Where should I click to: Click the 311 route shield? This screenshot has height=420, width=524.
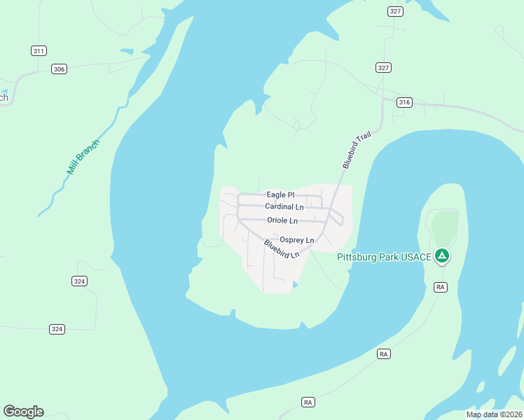[x=39, y=50]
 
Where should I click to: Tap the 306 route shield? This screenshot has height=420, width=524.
[x=59, y=69]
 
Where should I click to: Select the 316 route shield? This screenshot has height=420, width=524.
[x=404, y=102]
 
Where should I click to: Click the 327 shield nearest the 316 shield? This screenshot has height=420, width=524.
[x=382, y=67]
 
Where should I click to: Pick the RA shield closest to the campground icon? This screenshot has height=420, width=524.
[x=441, y=287]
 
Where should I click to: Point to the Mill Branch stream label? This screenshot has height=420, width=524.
[x=83, y=157]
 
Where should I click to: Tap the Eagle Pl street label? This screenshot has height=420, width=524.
[x=281, y=195]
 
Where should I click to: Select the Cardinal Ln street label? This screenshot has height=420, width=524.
[x=284, y=206]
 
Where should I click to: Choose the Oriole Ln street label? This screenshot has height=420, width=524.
[x=282, y=220]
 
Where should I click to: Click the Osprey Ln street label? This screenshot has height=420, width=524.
[x=297, y=240]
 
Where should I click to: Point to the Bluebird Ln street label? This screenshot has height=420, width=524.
[x=282, y=248]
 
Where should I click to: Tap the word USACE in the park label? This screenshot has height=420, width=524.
[x=417, y=257]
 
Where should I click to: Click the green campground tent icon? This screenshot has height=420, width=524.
[x=441, y=256]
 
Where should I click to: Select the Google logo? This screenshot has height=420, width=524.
[x=23, y=412]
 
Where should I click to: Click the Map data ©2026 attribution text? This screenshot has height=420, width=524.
[x=494, y=414]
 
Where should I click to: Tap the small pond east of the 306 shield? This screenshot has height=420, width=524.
[x=126, y=51]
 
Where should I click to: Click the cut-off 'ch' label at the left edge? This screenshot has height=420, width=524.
[x=4, y=97]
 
